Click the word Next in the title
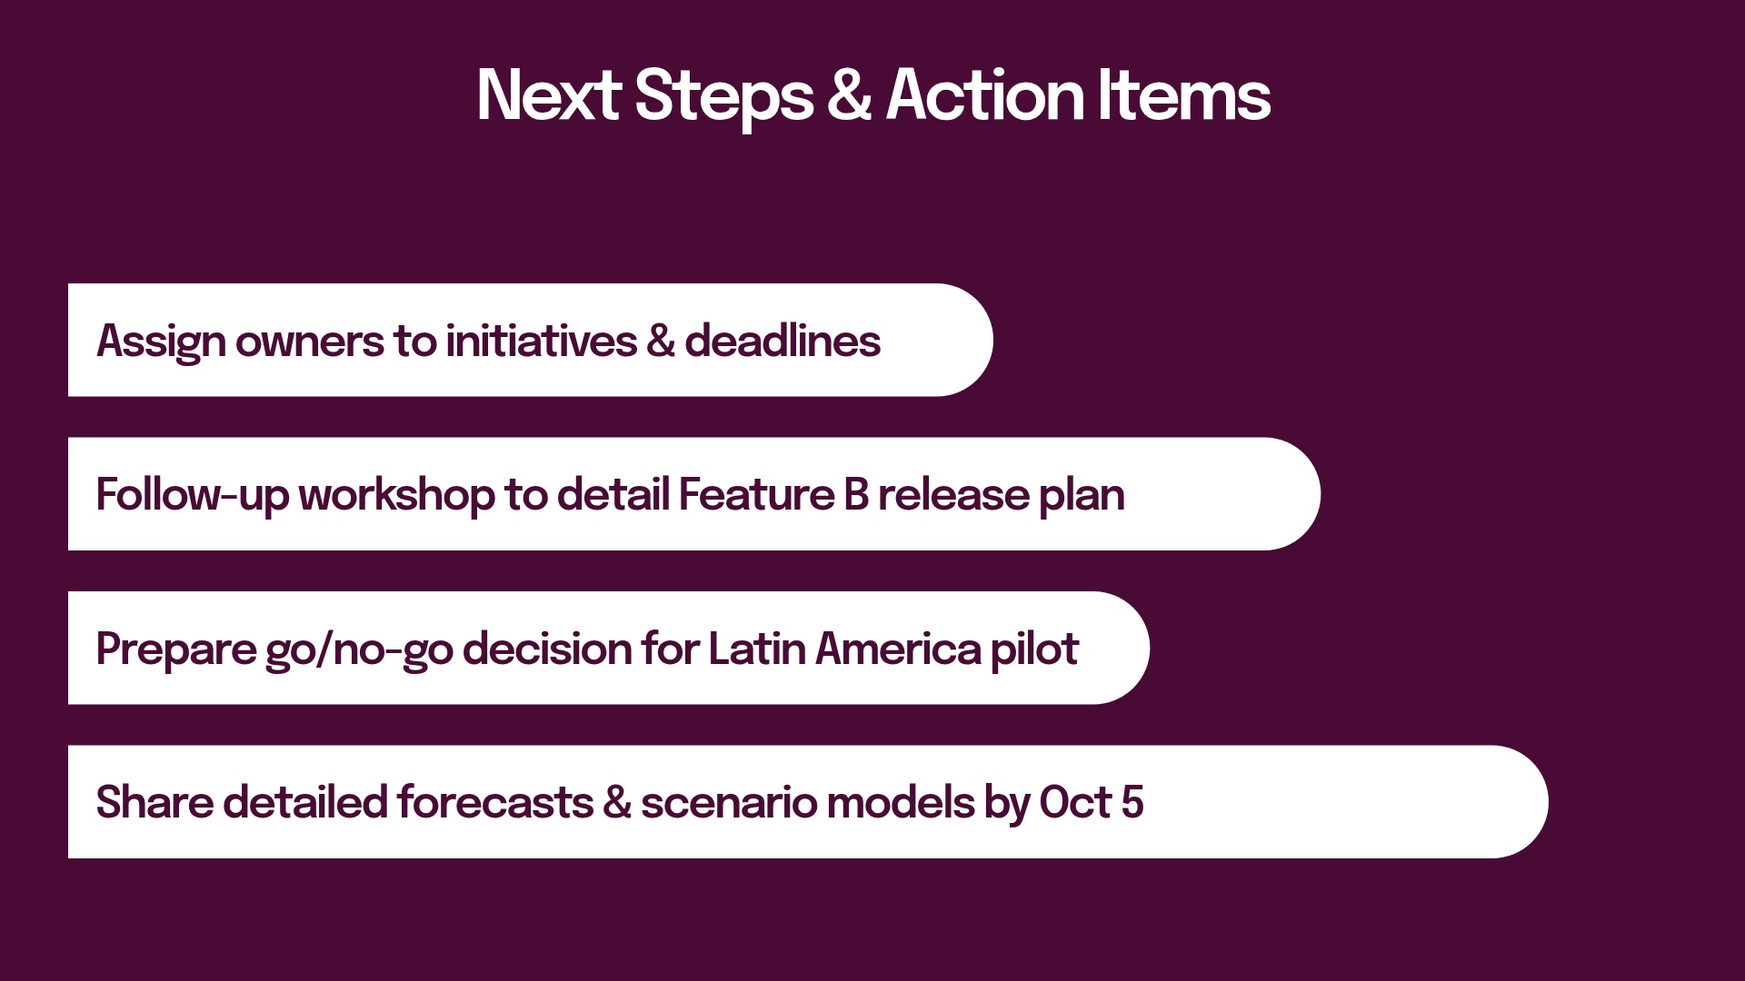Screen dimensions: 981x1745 click(548, 95)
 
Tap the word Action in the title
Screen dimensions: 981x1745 click(984, 95)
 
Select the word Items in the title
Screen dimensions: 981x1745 click(1183, 95)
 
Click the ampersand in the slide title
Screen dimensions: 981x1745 click(849, 95)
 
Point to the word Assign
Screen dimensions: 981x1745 click(161, 342)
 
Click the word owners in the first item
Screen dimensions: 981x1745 click(309, 342)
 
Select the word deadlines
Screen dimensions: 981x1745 click(782, 342)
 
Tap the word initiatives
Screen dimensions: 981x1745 click(541, 342)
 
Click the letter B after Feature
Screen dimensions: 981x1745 click(855, 496)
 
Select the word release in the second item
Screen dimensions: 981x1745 click(953, 496)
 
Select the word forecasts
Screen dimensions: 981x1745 click(494, 803)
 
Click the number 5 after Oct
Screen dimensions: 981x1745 click(1132, 803)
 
